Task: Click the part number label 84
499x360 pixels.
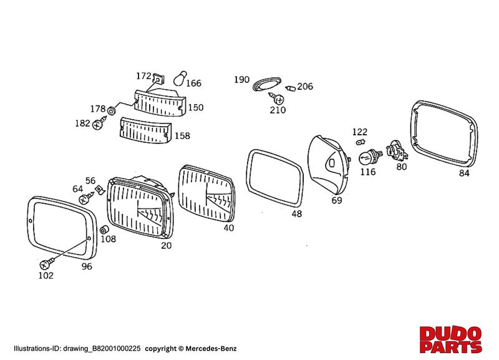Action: (x=463, y=173)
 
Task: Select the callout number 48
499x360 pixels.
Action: (x=296, y=213)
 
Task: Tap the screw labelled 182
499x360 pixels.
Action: (x=98, y=124)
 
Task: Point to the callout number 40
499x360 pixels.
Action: (x=228, y=228)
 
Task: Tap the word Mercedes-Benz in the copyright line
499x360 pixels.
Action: (x=211, y=349)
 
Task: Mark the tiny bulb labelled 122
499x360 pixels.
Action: (x=359, y=142)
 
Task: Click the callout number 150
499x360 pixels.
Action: (x=195, y=107)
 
